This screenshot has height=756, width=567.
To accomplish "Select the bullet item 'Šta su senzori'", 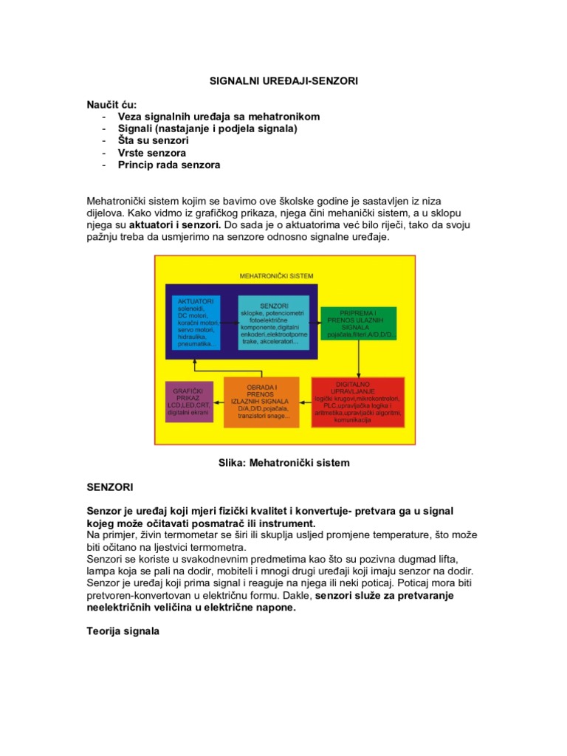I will (x=153, y=140).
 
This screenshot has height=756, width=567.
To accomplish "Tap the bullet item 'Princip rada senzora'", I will (x=168, y=165).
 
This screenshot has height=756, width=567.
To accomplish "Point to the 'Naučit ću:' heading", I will (x=111, y=105).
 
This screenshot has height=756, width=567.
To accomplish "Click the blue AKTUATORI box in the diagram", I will (x=196, y=323).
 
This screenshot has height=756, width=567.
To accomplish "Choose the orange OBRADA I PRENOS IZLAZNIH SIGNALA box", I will (x=261, y=402).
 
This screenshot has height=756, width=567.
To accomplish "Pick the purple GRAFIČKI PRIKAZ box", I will (x=188, y=402).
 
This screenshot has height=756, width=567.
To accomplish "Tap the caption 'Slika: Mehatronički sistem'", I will (x=283, y=463).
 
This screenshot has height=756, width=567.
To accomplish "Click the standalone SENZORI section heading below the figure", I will (x=109, y=488).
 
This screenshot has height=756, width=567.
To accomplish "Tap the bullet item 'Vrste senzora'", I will (x=152, y=152).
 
